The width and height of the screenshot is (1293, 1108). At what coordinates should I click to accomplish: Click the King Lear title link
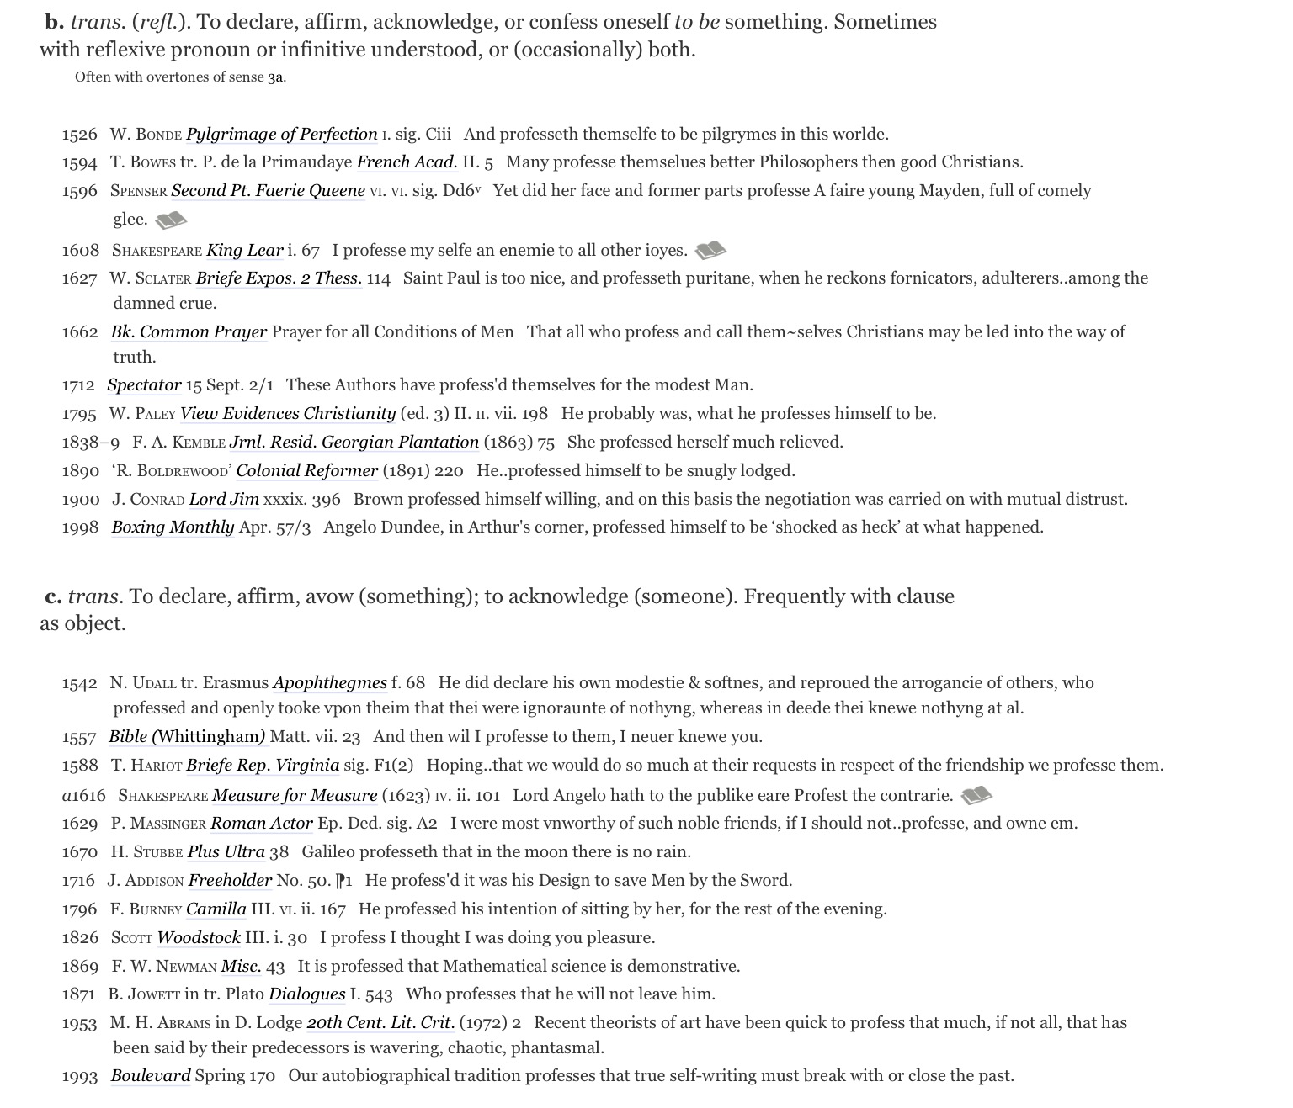tap(244, 250)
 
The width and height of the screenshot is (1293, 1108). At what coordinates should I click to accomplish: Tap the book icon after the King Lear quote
tap(710, 250)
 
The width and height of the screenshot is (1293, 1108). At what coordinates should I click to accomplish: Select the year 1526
tap(79, 135)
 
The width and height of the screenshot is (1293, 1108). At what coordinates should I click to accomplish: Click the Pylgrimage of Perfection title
tap(281, 135)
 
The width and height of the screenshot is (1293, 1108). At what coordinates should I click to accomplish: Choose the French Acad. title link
tap(407, 162)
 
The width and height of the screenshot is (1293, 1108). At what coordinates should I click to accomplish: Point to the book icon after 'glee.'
tap(171, 220)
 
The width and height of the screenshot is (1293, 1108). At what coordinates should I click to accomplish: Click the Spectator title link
tap(144, 385)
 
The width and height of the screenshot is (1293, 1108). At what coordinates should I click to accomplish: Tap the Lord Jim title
tap(224, 500)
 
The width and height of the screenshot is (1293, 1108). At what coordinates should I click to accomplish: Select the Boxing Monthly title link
tap(173, 527)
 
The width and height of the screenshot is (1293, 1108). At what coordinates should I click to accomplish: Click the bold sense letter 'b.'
tap(55, 22)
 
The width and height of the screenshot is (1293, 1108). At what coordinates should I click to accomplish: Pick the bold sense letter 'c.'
tap(54, 596)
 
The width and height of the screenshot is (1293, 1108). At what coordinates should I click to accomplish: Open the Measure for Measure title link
tap(295, 796)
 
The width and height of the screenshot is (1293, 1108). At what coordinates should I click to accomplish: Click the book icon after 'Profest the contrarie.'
tap(976, 795)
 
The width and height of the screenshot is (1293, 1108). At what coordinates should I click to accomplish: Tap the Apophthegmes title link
tap(330, 683)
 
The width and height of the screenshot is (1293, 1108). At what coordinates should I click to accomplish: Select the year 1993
tap(79, 1076)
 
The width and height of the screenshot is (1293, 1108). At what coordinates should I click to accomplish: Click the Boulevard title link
tap(151, 1076)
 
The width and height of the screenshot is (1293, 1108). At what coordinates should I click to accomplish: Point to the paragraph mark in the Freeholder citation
tap(342, 881)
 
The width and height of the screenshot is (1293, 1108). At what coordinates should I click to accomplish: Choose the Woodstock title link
tap(199, 938)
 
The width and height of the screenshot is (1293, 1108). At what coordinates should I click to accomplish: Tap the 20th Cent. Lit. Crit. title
tap(380, 1023)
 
